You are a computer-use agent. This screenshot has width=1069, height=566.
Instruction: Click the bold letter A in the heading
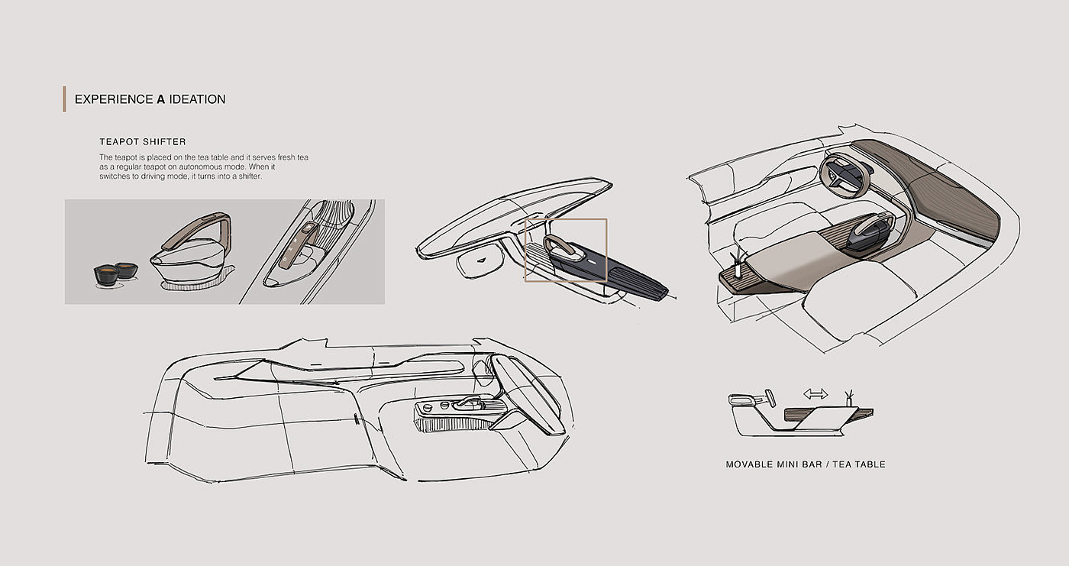click(161, 99)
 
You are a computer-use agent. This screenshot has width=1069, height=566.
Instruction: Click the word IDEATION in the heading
click(197, 99)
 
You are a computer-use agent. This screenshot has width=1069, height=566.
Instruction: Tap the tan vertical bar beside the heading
click(64, 99)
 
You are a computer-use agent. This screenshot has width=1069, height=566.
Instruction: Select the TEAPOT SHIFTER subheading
click(143, 142)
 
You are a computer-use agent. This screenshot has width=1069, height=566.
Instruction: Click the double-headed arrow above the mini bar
click(815, 394)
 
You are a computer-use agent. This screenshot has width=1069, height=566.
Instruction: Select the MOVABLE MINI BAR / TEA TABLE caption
click(806, 464)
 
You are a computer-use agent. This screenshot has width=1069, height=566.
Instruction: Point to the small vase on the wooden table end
click(737, 267)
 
